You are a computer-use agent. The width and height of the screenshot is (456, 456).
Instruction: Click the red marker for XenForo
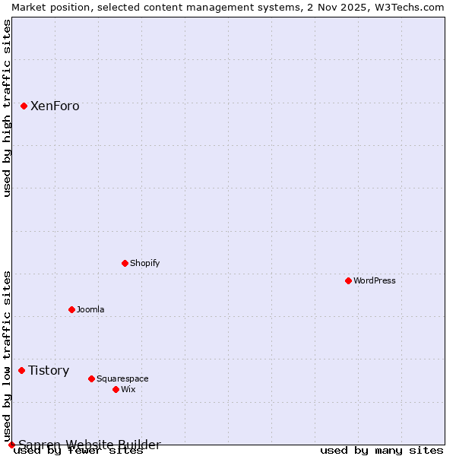tap(24, 106)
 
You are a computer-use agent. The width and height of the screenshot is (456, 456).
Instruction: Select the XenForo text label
tap(55, 106)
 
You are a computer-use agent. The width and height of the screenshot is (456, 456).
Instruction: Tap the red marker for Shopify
tap(125, 263)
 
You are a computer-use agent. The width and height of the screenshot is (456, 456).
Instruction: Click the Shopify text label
tap(144, 263)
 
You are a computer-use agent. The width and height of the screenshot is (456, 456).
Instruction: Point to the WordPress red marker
tap(348, 280)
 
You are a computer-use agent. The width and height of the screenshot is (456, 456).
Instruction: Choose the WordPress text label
tap(375, 280)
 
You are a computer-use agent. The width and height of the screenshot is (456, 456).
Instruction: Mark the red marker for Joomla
tap(71, 309)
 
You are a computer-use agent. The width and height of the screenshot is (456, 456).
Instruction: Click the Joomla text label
tap(90, 309)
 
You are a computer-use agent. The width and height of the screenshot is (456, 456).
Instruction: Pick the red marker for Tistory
tap(21, 370)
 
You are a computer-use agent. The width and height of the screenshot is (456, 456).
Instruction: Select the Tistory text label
tap(49, 371)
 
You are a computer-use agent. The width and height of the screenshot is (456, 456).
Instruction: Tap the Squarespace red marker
tap(91, 378)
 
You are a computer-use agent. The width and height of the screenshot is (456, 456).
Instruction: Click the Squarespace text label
tap(122, 378)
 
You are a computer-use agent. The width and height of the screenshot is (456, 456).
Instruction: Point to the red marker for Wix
tap(116, 389)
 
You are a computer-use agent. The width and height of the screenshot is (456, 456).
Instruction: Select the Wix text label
tap(128, 389)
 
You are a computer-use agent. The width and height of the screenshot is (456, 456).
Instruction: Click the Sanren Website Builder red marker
tap(11, 445)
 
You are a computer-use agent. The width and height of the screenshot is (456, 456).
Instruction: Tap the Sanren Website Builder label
tap(90, 445)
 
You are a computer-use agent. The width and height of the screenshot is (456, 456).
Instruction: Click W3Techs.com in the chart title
tap(408, 7)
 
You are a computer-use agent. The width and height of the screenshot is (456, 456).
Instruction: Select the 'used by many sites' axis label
tap(382, 451)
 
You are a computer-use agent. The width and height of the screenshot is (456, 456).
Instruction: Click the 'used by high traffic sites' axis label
tap(7, 108)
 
